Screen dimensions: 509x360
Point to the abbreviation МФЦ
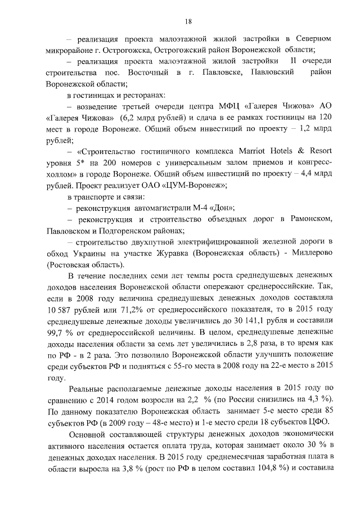(x=230, y=107)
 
